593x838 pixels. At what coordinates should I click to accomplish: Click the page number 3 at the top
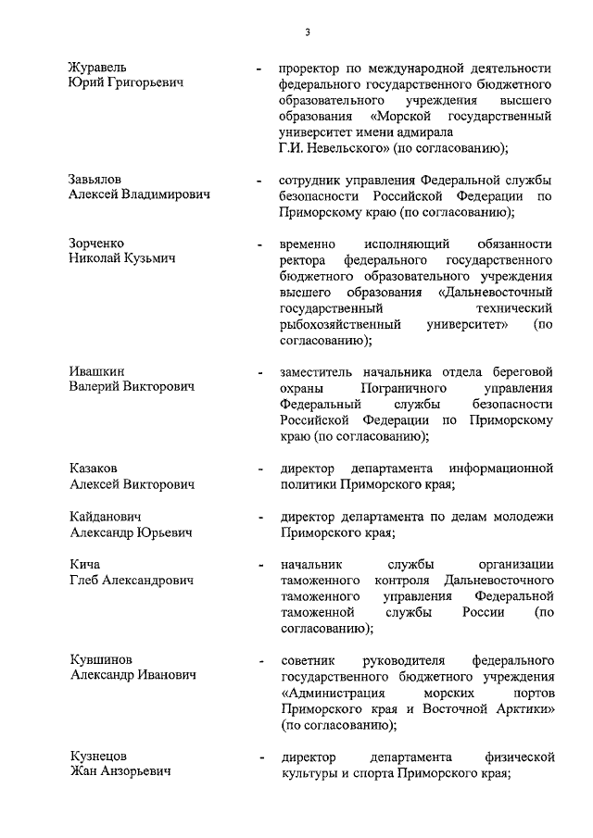[x=307, y=34]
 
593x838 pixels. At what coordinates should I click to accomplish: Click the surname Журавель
[x=98, y=68]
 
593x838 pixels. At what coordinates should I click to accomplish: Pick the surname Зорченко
[x=97, y=243]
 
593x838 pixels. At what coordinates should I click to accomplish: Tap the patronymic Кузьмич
[x=157, y=258]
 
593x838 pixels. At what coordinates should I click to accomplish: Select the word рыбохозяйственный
[x=339, y=325]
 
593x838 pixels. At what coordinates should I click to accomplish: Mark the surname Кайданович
[x=107, y=516]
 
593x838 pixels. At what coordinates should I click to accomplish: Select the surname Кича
[x=84, y=564]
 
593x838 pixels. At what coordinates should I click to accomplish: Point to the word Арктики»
[x=519, y=708]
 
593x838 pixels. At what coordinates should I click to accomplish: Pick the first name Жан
[x=83, y=772]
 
